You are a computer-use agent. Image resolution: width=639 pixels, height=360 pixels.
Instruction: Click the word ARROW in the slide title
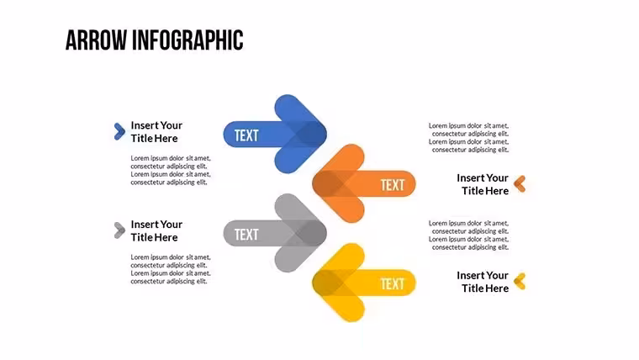coord(96,40)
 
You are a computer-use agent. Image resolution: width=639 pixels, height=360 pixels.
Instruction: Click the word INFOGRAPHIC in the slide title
coord(187,40)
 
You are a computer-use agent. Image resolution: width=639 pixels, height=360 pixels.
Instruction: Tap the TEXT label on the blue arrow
coord(246,135)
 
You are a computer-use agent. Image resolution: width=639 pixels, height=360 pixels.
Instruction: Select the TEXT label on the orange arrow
coord(393,185)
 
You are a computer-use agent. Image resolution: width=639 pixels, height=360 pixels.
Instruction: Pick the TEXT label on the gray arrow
coord(246,235)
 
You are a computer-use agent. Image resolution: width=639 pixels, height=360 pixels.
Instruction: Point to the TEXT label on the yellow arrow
coord(393,283)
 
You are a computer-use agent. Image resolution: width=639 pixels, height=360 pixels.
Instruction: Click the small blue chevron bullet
coord(119,131)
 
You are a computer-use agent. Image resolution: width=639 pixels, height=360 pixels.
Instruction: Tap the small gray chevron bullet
coord(119,230)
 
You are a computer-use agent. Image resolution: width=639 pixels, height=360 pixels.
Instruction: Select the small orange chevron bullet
coord(520,184)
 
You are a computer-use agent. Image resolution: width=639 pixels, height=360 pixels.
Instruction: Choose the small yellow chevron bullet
coord(520,281)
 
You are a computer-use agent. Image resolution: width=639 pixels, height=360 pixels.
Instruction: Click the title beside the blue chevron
coord(156,132)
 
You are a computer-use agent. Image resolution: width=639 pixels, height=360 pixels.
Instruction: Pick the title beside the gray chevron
coord(156,230)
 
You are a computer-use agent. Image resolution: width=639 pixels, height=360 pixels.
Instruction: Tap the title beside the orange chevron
coord(483,184)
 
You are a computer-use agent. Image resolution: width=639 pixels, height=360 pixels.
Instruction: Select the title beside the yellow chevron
coord(483,282)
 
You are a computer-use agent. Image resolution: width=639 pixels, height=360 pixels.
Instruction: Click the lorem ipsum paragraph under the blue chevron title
coord(171,170)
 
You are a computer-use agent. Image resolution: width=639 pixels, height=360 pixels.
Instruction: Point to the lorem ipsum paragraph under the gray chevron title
coord(171,269)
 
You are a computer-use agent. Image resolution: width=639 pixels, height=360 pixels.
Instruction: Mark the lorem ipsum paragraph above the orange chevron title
coord(468,138)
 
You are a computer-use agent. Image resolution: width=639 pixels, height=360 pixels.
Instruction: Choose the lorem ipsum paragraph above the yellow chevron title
coord(468,236)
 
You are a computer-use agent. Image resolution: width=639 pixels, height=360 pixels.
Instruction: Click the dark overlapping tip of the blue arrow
coord(310,134)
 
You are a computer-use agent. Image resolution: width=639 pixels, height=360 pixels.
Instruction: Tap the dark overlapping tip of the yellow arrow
coord(328,283)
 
